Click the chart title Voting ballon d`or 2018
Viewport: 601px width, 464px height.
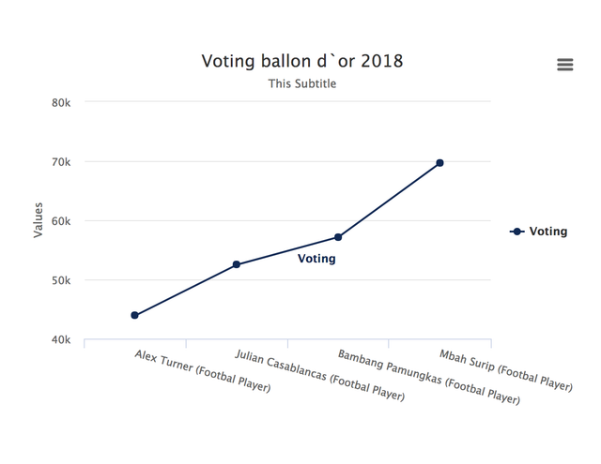coord(302,61)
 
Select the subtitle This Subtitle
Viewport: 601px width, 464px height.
coord(302,83)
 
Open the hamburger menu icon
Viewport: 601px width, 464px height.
coord(564,64)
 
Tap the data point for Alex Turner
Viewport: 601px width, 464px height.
coord(135,315)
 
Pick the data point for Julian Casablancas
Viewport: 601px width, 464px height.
coord(237,264)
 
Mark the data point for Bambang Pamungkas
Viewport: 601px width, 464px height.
coord(338,237)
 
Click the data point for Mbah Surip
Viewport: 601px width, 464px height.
coord(439,163)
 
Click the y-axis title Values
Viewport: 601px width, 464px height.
coord(39,221)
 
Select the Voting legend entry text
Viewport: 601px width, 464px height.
coord(548,232)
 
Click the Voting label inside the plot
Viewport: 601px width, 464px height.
coord(316,259)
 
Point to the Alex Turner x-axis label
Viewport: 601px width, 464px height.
coord(202,370)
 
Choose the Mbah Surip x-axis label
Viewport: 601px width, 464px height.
coord(505,370)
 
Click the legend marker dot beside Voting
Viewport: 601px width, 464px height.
coord(517,232)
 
